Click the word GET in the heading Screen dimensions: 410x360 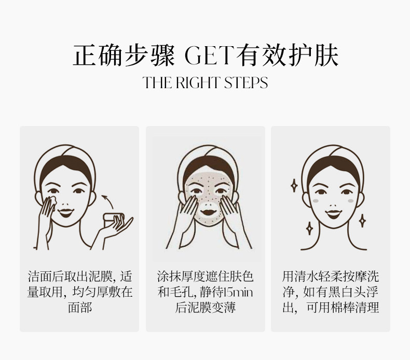[x=209, y=55]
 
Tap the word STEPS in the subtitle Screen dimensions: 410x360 [x=246, y=82]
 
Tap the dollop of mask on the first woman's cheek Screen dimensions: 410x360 [x=52, y=201]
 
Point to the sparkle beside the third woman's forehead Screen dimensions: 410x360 [x=294, y=186]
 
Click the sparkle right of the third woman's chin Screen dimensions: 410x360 [x=362, y=220]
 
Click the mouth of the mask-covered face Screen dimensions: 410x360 [x=208, y=212]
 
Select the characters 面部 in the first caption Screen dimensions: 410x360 [x=80, y=308]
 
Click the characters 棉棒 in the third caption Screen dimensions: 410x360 [x=343, y=308]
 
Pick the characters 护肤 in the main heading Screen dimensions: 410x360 [x=314, y=55]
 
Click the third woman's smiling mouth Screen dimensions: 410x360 [x=333, y=214]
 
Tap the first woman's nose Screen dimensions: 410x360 [x=65, y=203]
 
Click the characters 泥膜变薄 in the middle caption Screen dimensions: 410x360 [x=211, y=308]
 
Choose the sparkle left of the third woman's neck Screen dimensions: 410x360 [x=310, y=228]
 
